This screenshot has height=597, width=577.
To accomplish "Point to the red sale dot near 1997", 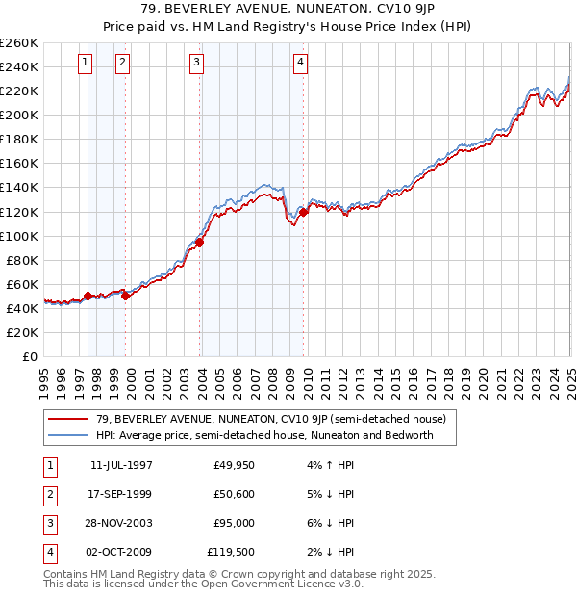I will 88,296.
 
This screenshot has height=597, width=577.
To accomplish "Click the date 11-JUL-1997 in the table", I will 121,466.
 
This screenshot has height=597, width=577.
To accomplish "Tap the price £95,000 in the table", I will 234,524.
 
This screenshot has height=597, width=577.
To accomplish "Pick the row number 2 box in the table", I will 50,495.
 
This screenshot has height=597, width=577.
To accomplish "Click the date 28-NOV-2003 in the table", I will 121,524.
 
